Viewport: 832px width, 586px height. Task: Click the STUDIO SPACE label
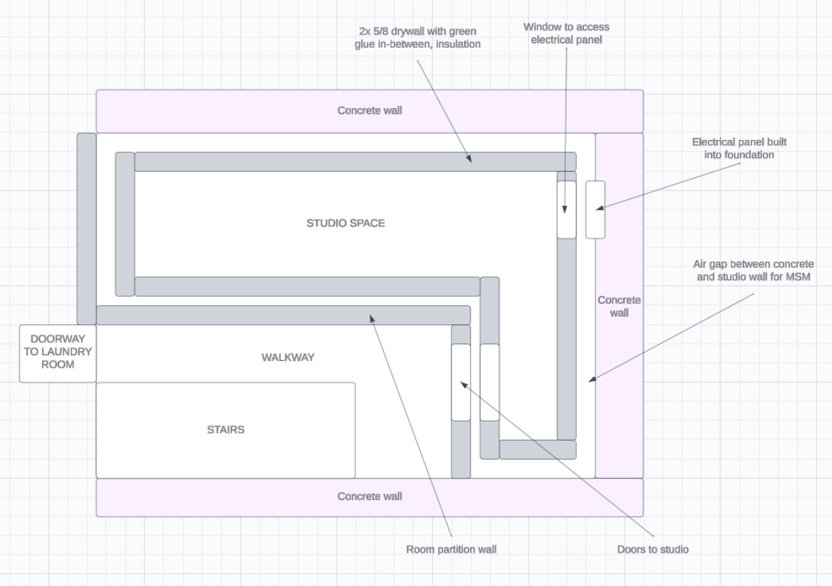point(345,223)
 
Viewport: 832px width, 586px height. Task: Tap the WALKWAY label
point(288,357)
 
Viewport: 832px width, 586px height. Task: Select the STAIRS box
point(225,429)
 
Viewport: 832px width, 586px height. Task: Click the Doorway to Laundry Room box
point(57,353)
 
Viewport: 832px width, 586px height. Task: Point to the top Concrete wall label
point(370,110)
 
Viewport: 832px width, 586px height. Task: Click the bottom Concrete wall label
point(370,496)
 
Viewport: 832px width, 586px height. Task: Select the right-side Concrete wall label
point(619,306)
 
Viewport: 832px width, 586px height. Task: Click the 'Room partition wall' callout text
point(451,549)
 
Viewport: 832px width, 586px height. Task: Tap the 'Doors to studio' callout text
point(653,549)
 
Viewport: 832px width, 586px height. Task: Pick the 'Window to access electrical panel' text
point(566,33)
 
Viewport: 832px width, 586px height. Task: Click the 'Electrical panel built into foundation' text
point(739,148)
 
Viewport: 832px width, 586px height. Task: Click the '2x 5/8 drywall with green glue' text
point(417,38)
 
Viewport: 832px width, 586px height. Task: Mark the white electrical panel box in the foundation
point(595,209)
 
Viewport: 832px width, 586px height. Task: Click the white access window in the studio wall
point(566,209)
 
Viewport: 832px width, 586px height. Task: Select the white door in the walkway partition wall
point(461,382)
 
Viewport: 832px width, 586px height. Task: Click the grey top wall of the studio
point(355,161)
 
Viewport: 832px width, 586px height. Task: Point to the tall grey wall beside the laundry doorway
point(86,229)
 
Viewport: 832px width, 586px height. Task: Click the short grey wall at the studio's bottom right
point(537,450)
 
